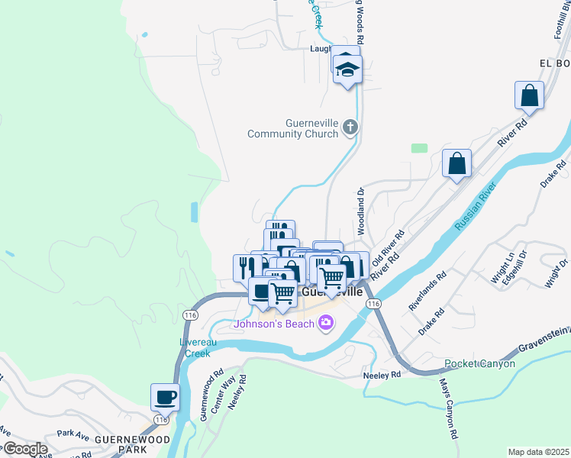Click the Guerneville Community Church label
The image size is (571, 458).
click(x=292, y=128)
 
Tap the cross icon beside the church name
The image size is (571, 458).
click(x=350, y=127)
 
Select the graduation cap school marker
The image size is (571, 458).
click(x=348, y=70)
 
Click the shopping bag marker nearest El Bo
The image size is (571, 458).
click(x=529, y=97)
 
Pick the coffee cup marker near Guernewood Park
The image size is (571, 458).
click(x=166, y=398)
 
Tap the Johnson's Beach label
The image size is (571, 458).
click(x=273, y=324)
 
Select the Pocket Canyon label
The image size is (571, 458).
click(x=479, y=363)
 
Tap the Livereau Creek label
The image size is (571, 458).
click(x=194, y=347)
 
